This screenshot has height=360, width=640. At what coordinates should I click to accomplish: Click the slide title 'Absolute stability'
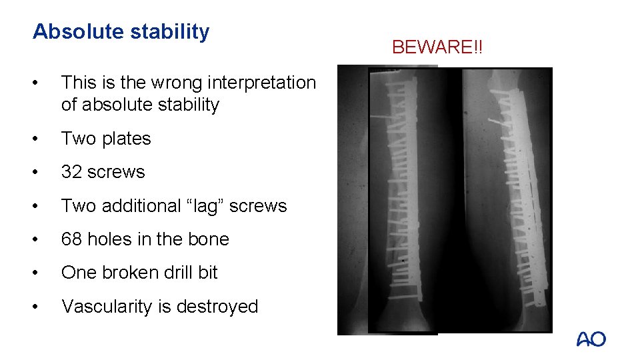121,31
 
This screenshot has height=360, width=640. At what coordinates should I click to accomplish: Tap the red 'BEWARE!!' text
437,47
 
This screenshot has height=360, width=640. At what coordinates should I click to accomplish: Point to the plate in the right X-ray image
517,200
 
